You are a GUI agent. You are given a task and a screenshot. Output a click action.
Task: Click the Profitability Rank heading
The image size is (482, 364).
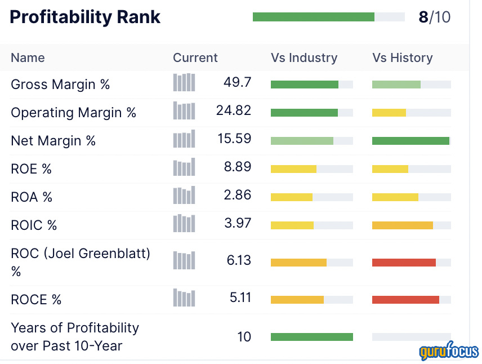tap(85, 17)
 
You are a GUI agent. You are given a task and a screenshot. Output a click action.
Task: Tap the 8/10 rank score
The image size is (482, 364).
tap(434, 17)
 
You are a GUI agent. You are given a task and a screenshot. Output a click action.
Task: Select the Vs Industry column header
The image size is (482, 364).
tap(304, 57)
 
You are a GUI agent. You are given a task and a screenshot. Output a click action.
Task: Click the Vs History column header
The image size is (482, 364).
tap(402, 57)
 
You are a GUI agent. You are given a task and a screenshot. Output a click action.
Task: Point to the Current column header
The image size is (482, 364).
tap(195, 57)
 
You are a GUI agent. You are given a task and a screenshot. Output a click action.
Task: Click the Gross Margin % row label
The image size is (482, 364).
tap(60, 85)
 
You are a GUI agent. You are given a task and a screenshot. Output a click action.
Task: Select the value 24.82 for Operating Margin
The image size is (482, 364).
tap(234, 110)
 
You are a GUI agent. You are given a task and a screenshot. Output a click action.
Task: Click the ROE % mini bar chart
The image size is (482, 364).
tap(184, 167)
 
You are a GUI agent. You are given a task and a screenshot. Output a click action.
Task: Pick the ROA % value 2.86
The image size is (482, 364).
tap(238, 195)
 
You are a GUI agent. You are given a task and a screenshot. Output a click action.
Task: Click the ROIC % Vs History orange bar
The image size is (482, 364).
tap(402, 225)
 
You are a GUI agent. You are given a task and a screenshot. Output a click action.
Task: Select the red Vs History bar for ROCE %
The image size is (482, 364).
tap(405, 300)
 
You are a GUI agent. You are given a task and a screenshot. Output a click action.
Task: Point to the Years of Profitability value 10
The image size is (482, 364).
tap(244, 337)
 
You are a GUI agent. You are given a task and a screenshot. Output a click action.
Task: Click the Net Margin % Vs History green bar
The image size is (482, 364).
tap(410, 141)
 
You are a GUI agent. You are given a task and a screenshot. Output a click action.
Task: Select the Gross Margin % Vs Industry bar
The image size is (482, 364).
tap(304, 85)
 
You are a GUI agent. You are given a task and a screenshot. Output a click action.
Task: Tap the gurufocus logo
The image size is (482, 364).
tap(448, 352)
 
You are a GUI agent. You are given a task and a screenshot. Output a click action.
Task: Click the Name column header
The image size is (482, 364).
tap(28, 57)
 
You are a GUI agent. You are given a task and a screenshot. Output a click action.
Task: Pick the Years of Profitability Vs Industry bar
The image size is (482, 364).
tap(311, 337)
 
